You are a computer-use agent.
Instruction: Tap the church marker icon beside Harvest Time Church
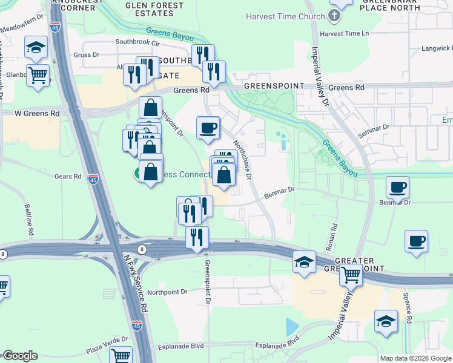click(334, 16)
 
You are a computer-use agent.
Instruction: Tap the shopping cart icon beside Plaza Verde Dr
click(121, 356)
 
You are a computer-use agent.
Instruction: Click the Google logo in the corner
click(20, 356)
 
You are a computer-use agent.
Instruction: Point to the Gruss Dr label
click(87, 55)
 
